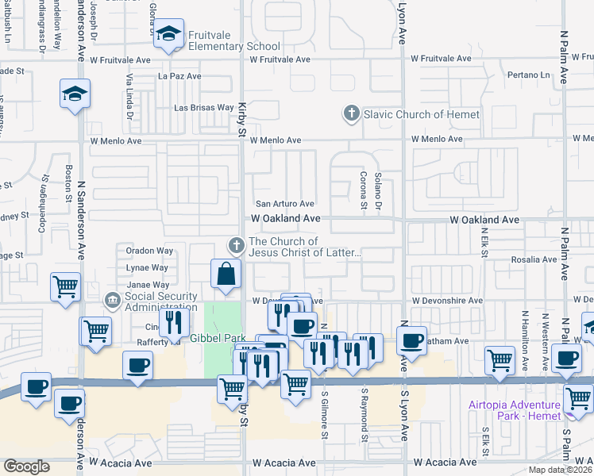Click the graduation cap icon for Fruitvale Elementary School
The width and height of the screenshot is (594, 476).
pos(168,34)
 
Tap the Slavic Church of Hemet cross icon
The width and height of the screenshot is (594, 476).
pos(351,114)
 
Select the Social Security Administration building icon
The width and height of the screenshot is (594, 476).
pos(113,301)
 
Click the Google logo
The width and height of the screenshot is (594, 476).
pos(26,466)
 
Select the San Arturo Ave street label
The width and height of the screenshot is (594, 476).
pos(284,204)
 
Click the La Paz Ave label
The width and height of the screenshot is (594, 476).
pos(179,76)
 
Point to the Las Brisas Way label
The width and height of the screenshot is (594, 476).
pos(204,107)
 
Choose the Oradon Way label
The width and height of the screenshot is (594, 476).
pos(149,251)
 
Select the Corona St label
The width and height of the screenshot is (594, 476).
pos(363,191)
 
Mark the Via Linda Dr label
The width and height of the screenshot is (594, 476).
pos(129,98)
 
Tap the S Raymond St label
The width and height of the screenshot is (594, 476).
pos(364,415)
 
